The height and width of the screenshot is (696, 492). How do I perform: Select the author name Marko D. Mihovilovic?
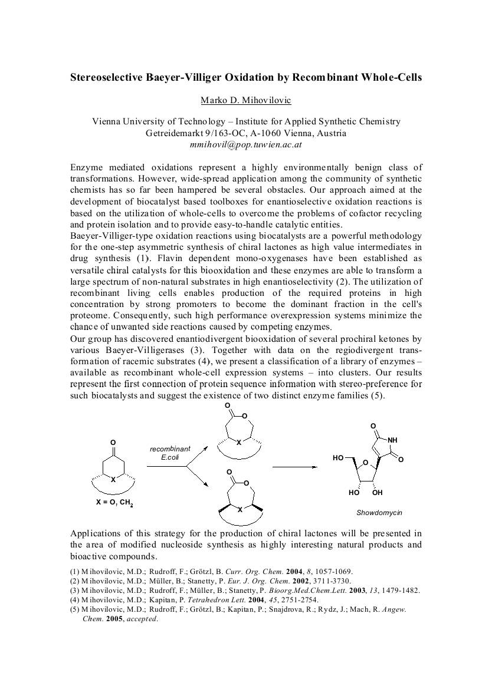tap(246, 100)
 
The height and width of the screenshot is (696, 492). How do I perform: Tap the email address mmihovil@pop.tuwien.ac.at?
tap(245, 144)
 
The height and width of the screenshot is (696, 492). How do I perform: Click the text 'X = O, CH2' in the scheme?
tap(114, 503)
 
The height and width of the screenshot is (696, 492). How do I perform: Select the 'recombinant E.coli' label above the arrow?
tap(170, 453)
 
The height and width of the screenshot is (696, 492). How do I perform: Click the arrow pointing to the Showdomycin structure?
tap(295, 467)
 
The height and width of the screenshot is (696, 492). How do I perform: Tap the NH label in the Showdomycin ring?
tap(392, 439)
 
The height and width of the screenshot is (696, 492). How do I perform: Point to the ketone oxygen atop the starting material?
tap(113, 442)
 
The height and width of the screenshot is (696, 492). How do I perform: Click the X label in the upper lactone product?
tap(239, 443)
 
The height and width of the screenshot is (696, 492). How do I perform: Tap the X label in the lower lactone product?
tap(240, 510)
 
